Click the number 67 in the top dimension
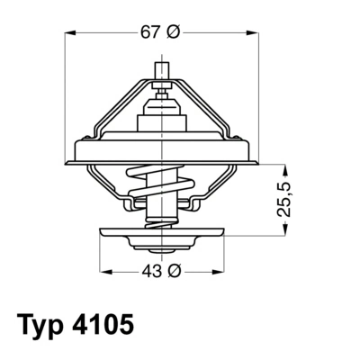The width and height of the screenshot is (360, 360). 151,32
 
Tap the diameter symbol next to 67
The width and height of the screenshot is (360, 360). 174,32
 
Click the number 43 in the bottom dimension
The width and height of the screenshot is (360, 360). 151,271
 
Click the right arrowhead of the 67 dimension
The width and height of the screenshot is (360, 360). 253,32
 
